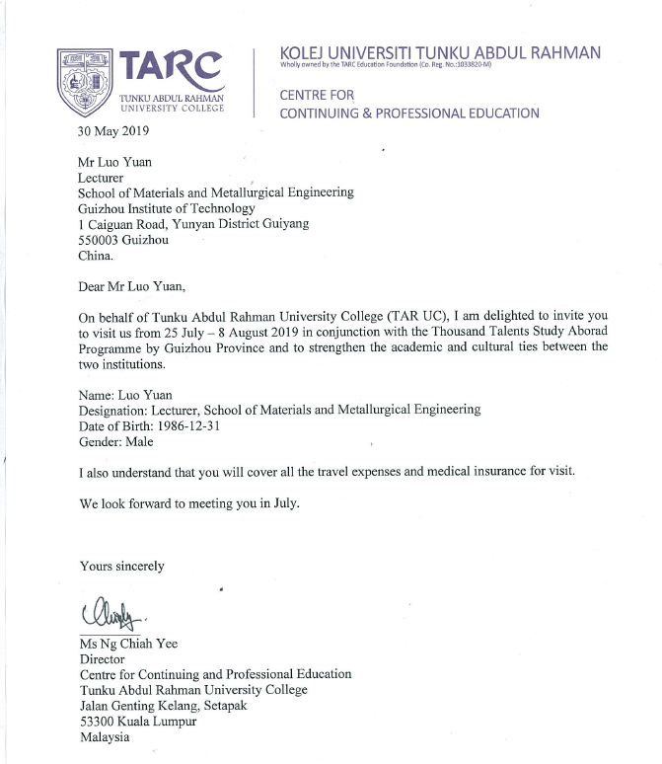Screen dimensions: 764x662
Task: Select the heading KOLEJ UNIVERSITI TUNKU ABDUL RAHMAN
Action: click(x=440, y=52)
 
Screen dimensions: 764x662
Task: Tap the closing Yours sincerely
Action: click(x=122, y=566)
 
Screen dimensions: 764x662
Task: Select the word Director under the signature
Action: click(x=103, y=658)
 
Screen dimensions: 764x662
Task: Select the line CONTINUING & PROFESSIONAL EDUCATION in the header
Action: click(x=409, y=114)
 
